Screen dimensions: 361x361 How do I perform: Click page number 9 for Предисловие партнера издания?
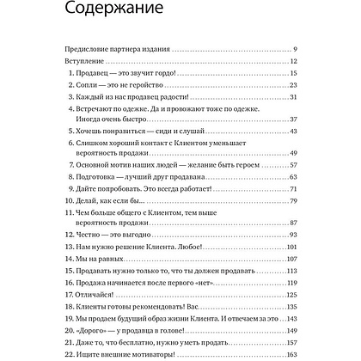click(x=294, y=49)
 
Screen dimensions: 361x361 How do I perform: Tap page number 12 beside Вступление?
click(x=292, y=63)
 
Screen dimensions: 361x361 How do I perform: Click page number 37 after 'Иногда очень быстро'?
click(x=292, y=130)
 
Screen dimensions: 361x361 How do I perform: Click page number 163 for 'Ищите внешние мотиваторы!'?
click(x=291, y=357)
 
